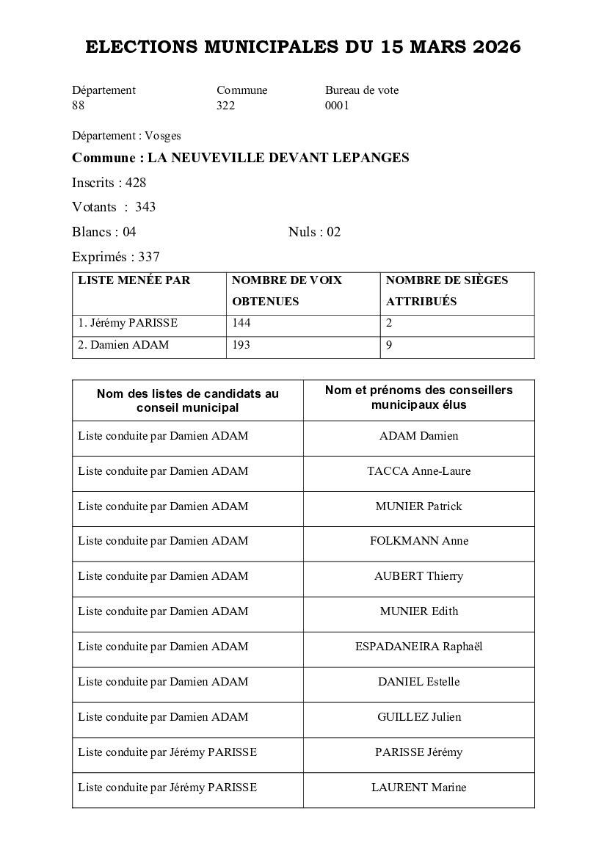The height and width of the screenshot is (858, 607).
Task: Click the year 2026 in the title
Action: click(496, 48)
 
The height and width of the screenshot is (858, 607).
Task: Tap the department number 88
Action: click(78, 106)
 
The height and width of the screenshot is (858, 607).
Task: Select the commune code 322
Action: click(225, 106)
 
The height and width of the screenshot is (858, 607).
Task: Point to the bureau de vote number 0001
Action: click(337, 106)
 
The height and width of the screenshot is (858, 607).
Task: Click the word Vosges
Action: click(162, 136)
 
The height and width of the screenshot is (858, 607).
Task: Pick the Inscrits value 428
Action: click(136, 183)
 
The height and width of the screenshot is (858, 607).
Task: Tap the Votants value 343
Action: click(145, 207)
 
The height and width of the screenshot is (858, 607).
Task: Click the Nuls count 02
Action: click(334, 233)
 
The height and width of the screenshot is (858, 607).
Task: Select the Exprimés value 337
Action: click(149, 257)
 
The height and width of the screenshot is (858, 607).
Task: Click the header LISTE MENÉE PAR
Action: click(134, 280)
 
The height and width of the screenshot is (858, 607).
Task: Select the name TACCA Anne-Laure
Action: click(418, 471)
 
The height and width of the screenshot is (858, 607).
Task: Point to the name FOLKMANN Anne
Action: click(418, 541)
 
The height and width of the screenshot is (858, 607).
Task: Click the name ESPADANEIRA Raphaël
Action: click(418, 647)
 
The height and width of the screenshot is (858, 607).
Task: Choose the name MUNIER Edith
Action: click(418, 611)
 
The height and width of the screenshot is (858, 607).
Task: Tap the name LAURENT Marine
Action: click(418, 788)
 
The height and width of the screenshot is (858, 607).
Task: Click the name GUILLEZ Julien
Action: click(418, 717)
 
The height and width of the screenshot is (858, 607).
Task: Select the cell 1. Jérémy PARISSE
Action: click(128, 323)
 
